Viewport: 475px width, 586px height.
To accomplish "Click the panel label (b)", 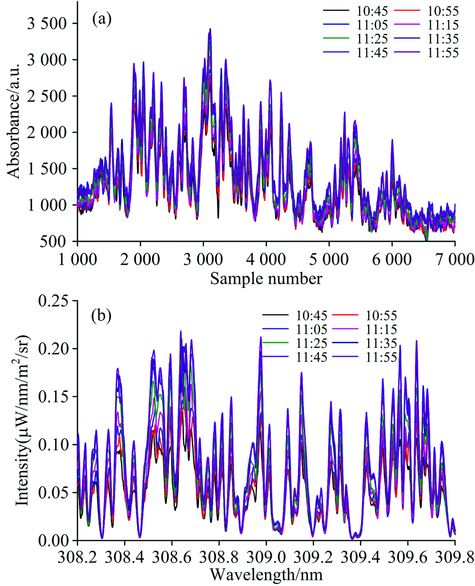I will pos(102,316).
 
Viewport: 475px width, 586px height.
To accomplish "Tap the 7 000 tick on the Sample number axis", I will pos(455,259).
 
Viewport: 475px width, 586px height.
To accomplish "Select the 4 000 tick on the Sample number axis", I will pos(266,259).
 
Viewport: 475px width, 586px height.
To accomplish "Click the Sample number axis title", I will pos(266,278).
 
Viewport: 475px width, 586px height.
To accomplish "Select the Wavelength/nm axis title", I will pos(266,575).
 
